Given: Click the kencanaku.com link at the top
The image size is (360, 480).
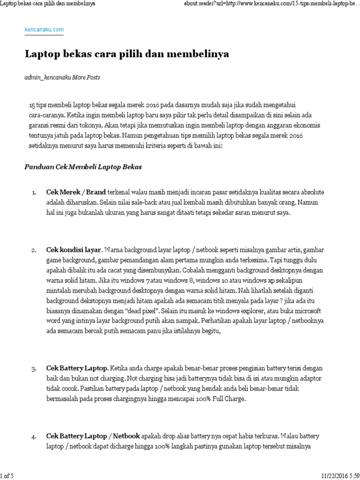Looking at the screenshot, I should [x=44, y=30].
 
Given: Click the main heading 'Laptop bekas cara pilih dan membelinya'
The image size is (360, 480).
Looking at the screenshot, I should [x=127, y=54].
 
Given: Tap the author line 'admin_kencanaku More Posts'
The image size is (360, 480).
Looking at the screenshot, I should [x=62, y=77].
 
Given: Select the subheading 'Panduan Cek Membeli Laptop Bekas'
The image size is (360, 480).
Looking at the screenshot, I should [x=82, y=167].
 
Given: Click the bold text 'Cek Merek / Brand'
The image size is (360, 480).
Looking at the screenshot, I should [x=76, y=193].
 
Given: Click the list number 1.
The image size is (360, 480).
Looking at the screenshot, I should [x=34, y=193].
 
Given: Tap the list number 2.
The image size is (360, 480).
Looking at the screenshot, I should [x=34, y=250].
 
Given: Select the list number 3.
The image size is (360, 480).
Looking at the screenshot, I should [x=34, y=368].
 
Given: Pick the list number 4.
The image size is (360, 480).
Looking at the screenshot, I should [x=34, y=436].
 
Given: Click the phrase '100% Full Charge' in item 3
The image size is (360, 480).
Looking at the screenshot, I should [x=222, y=399].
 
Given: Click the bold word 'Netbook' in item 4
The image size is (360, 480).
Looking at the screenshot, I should [x=126, y=436].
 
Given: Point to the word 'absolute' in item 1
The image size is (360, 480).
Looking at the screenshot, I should [x=312, y=193].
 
